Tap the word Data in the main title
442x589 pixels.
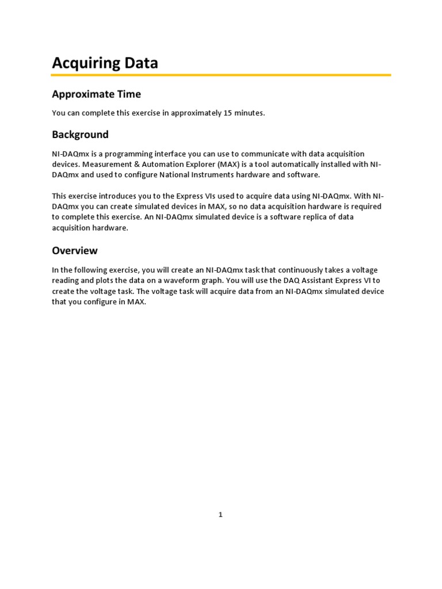pyautogui.click(x=140, y=63)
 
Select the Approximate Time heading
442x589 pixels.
pyautogui.click(x=96, y=94)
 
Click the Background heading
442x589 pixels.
pyautogui.click(x=80, y=135)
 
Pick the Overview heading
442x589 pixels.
pyautogui.click(x=75, y=251)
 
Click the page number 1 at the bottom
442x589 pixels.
pyautogui.click(x=220, y=515)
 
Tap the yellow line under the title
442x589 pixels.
pyautogui.click(x=221, y=75)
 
